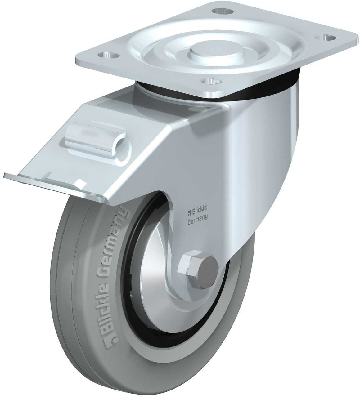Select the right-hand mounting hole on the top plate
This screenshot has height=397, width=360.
coord(326,37)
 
